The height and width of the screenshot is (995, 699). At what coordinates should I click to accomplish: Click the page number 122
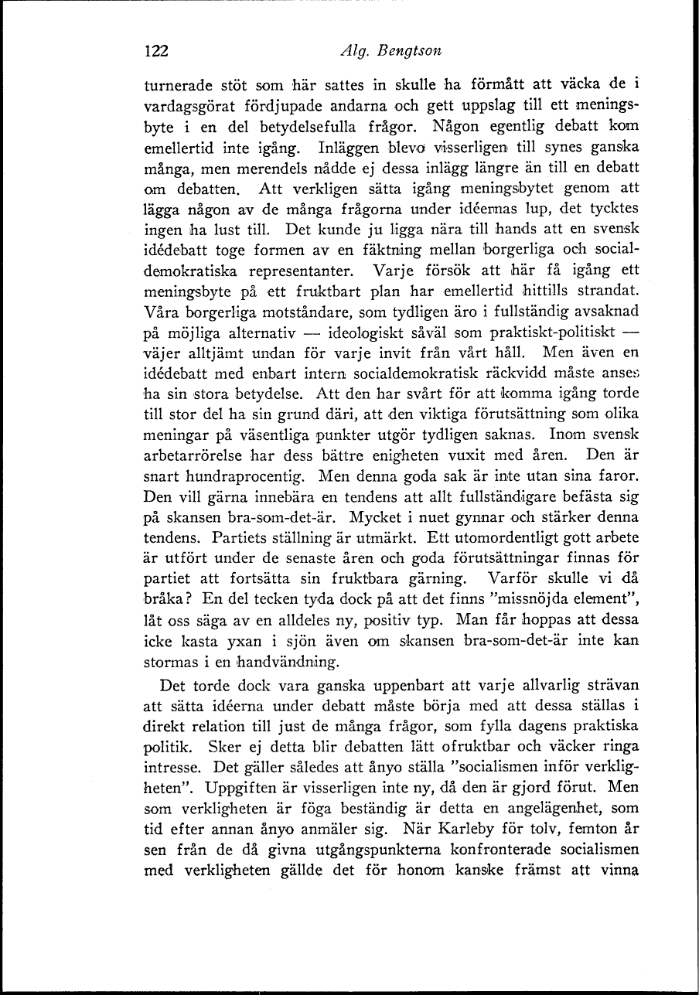point(157,51)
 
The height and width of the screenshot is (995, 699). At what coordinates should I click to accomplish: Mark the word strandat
point(611,292)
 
